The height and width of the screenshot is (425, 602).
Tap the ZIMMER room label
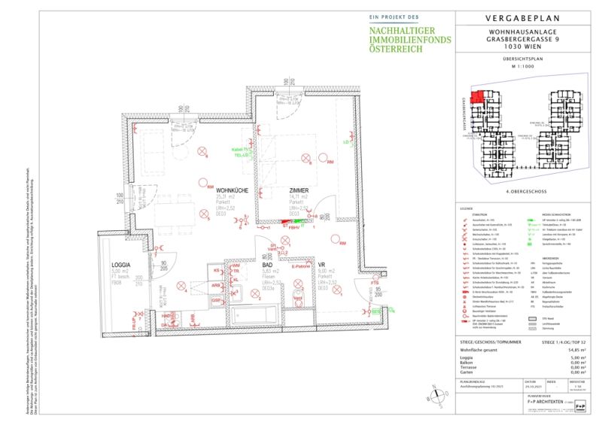point(299,192)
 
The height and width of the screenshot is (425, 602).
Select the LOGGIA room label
point(121,266)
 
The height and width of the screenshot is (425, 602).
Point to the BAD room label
point(267,266)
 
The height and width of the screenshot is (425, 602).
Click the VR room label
point(321,266)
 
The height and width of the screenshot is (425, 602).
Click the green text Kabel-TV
point(242,150)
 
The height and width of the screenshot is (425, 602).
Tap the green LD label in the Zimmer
point(347,141)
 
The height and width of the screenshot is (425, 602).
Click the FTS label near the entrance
point(375,283)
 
